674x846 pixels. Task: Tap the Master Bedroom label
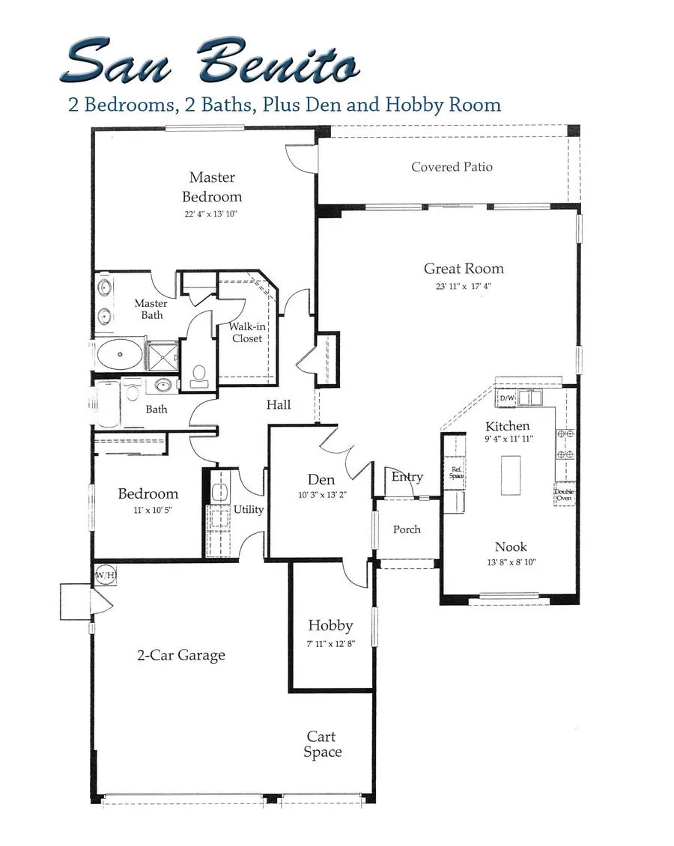pos(212,187)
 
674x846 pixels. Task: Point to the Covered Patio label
pos(452,167)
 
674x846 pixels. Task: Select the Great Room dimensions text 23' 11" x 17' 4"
pos(464,286)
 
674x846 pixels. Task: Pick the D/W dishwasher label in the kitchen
pos(507,398)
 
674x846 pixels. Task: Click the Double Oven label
pos(564,495)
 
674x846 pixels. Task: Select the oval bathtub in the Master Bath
pos(119,354)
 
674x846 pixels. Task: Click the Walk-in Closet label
pos(246,332)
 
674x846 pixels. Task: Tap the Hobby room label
pos(330,625)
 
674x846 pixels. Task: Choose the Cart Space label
pos(323,745)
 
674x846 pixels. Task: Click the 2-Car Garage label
pos(180,655)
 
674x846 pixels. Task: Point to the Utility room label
pos(249,510)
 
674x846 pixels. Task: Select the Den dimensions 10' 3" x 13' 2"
pos(321,495)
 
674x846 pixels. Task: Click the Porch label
pos(407,529)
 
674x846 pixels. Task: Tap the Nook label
pos(510,547)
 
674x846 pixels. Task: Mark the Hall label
pos(279,404)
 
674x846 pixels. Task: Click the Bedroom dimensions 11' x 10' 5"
pos(148,510)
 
